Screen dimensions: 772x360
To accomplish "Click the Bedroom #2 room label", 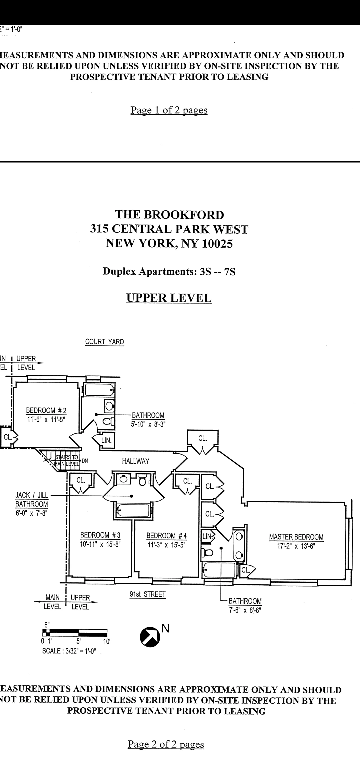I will pos(46,410).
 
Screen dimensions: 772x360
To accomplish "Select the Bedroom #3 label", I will pos(100,535).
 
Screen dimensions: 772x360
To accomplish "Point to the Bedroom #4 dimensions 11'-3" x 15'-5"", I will pos(167,544).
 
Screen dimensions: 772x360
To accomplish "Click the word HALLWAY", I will pos(135,461).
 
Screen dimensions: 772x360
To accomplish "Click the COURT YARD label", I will pos(104,342).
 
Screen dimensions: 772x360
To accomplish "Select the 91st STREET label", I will pos(147,594).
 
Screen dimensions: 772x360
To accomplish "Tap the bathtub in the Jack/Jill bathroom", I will pos(132,510).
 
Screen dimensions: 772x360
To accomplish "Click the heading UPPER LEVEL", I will pos(169,298).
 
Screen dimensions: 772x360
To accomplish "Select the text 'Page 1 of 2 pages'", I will pos(169,110).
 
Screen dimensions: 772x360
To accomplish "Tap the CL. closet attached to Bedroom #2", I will pos(8,437).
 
